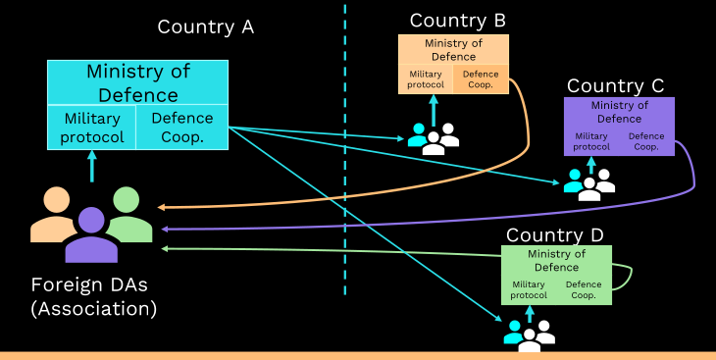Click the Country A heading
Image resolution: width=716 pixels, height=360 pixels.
tap(206, 26)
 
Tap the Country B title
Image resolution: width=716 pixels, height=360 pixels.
tap(457, 21)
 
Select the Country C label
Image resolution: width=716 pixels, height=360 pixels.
tap(615, 86)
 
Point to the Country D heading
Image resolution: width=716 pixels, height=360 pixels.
tap(555, 235)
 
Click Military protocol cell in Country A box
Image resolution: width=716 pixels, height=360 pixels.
tap(92, 127)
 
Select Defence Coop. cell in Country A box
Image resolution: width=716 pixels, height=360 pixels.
tap(182, 127)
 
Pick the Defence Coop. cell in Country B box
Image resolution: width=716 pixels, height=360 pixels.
tap(481, 79)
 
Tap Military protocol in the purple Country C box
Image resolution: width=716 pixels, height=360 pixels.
tap(591, 141)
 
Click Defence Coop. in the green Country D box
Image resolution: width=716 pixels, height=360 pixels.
tap(584, 289)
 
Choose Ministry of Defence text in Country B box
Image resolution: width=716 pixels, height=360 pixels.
tap(453, 50)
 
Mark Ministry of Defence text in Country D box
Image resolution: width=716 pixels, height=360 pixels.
tap(557, 260)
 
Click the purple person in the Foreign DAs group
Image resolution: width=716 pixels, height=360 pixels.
tap(91, 234)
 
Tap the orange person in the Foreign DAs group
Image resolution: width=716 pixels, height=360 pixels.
tap(53, 214)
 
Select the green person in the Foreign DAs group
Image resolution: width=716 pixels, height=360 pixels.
tap(129, 214)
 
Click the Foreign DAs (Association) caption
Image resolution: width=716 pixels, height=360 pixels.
tap(93, 297)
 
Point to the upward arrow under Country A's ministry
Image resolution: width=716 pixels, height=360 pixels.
tap(92, 167)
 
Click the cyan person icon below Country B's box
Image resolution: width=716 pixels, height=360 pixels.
tap(418, 135)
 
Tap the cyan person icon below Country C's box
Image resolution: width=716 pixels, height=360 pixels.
tap(574, 180)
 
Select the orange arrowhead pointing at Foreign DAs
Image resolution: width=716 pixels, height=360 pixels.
tap(161, 207)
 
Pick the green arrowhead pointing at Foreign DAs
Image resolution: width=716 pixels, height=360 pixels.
tap(166, 248)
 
